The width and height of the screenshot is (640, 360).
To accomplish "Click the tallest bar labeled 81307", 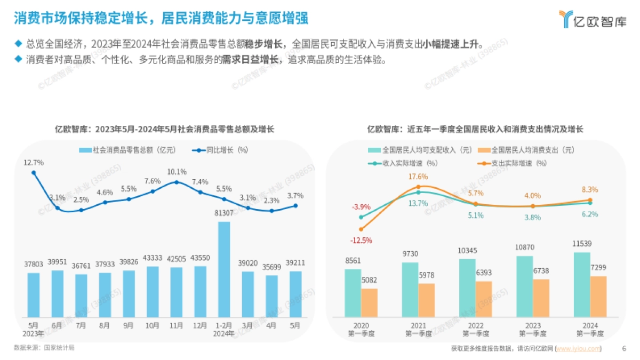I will click(x=224, y=269).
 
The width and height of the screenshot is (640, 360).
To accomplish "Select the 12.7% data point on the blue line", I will click(x=34, y=172).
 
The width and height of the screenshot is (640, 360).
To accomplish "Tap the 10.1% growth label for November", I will click(x=177, y=172).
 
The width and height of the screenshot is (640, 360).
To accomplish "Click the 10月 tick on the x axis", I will click(x=153, y=325).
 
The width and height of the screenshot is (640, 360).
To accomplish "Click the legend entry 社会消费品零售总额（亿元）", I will click(x=127, y=150).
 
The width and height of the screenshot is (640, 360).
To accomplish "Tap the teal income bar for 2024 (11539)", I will click(x=582, y=284).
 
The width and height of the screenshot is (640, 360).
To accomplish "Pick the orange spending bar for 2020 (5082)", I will click(x=369, y=302).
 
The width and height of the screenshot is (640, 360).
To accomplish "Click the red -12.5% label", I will click(x=361, y=241).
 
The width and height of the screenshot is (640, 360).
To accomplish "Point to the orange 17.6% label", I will click(x=418, y=177).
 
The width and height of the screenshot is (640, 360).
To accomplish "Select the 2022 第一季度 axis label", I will click(x=475, y=329).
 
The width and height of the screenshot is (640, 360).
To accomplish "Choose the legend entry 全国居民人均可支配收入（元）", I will click(x=418, y=150).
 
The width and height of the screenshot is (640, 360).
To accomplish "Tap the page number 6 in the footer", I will click(x=624, y=349).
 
